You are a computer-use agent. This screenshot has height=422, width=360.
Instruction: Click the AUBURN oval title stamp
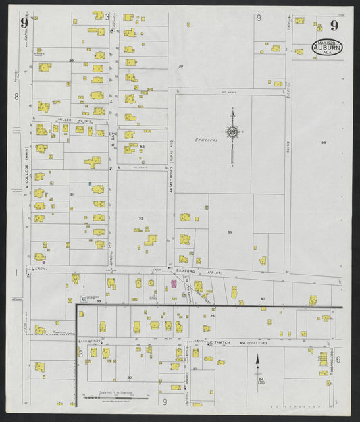pos(327,47)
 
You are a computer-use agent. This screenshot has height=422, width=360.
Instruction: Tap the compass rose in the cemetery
pos(232,132)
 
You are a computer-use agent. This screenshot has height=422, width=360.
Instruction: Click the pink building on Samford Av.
pos(173,284)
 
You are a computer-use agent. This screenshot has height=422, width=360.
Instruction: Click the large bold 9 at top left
pos(24,23)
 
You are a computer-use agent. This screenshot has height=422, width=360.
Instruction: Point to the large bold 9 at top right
pos(334,26)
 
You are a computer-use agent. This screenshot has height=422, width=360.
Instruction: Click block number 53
pos(230,232)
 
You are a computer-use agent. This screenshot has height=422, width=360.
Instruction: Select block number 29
pos(71,61)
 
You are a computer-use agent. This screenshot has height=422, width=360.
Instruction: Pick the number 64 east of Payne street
pos(323,142)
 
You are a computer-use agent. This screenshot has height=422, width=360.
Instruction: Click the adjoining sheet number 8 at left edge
pos(16,97)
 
